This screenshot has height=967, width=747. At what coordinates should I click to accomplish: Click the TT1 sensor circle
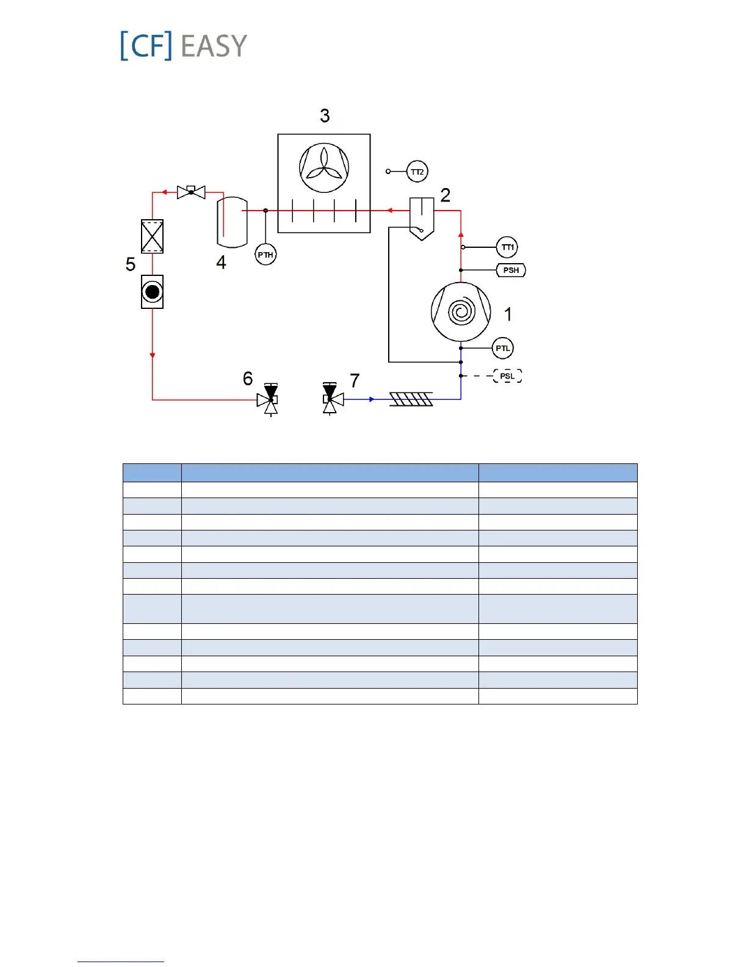(x=507, y=247)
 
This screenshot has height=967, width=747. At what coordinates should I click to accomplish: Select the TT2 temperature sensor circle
(x=417, y=172)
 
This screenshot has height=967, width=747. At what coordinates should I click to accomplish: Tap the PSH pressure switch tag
(x=511, y=270)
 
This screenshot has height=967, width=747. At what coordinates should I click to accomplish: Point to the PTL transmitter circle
(x=503, y=349)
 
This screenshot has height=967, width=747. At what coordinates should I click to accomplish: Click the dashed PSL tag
(x=508, y=376)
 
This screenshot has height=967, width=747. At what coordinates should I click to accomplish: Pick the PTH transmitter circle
(x=265, y=255)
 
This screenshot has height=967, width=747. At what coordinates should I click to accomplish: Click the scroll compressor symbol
(x=461, y=312)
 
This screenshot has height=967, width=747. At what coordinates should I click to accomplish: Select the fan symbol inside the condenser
(x=324, y=168)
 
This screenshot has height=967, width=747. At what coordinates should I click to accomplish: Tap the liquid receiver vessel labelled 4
(x=232, y=222)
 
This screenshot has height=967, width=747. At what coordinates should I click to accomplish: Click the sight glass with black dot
(x=152, y=292)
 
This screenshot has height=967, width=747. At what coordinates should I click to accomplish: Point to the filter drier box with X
(x=152, y=236)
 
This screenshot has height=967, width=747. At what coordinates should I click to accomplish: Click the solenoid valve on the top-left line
(x=191, y=192)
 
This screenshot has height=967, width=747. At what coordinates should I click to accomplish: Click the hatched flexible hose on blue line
(x=411, y=399)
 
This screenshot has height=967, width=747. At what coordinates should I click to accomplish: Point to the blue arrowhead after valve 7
(x=372, y=399)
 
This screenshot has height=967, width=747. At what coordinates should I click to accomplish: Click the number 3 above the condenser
(x=325, y=115)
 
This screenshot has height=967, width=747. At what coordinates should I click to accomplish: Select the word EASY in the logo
(x=214, y=46)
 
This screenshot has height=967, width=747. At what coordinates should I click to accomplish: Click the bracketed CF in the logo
(x=146, y=46)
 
